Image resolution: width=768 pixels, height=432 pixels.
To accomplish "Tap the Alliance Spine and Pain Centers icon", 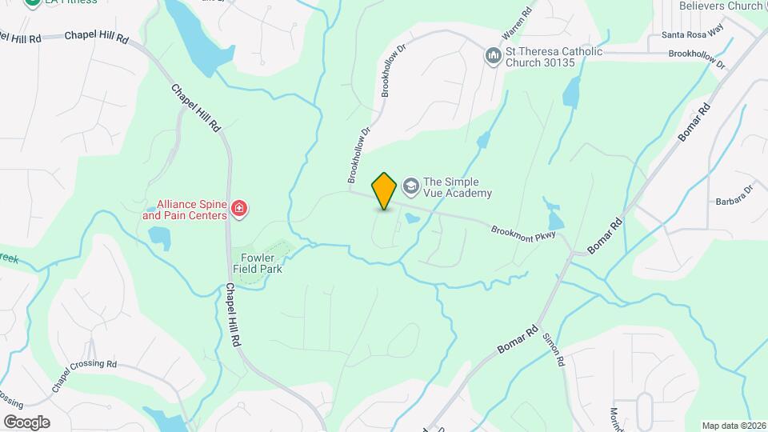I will [x=238, y=210].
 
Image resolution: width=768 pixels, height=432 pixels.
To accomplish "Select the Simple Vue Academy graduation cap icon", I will [x=411, y=186].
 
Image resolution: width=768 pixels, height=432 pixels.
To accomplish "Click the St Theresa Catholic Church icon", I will [x=494, y=55].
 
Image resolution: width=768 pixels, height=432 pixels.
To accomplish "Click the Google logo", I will [x=26, y=422].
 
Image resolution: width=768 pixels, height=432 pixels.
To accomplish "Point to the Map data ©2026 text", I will [x=733, y=426].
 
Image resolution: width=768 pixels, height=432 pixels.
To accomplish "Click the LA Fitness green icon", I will [x=33, y=2].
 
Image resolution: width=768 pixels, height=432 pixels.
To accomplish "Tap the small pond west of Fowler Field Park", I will [x=159, y=238].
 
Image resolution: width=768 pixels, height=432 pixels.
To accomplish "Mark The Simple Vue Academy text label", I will [x=457, y=187].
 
